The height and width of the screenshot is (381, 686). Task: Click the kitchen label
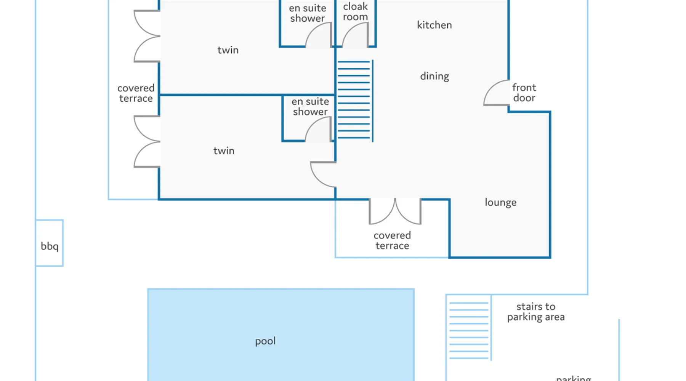point(434,25)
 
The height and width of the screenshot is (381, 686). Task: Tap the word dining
point(434,76)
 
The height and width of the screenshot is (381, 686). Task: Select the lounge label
point(500,202)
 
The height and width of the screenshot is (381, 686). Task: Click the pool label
point(265,341)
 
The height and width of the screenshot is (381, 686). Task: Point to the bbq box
point(50,246)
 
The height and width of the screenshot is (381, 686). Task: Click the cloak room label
point(355,12)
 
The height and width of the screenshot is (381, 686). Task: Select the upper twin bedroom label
point(228,50)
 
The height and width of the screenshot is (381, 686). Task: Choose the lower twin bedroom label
point(224,151)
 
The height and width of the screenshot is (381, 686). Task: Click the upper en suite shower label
point(308,13)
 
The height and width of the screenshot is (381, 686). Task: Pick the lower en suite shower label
point(310,107)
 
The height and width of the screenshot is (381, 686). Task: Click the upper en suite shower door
point(319,35)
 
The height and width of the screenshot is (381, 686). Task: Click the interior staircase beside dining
point(354,101)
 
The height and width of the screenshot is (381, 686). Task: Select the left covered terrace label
point(136,93)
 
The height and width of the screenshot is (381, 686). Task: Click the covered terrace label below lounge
point(392,240)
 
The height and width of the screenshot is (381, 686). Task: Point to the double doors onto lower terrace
point(395,212)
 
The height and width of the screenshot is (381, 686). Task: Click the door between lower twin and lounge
point(323,174)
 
